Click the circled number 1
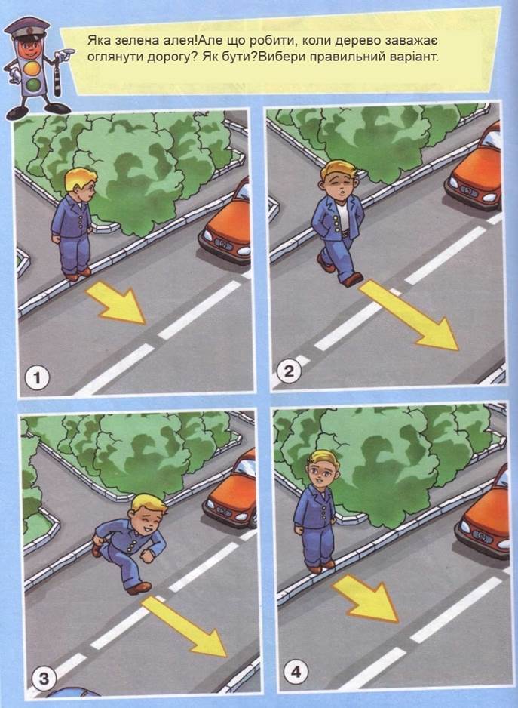click(37, 378)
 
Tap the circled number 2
click(288, 371)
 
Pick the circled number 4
click(296, 672)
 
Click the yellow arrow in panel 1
click(116, 301)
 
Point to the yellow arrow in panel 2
click(409, 315)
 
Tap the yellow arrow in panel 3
click(184, 626)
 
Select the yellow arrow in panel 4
click(366, 598)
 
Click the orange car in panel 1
click(226, 223)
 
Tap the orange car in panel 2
click(475, 169)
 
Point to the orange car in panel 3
click(231, 489)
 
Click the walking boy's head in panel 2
click(338, 179)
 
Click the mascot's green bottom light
click(32, 85)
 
